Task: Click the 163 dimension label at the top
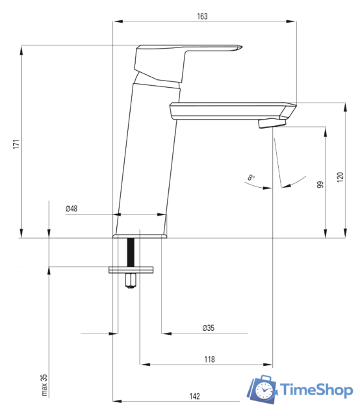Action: (x=202, y=16)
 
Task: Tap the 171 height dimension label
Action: (x=16, y=144)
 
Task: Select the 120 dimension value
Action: (x=340, y=177)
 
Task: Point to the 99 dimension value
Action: (x=320, y=185)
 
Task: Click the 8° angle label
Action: (x=251, y=177)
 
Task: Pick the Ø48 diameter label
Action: (x=71, y=209)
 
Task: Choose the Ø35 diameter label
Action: (x=208, y=328)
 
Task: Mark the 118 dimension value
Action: (x=209, y=359)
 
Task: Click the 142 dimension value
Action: (x=194, y=396)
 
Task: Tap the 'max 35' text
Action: (x=44, y=385)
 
